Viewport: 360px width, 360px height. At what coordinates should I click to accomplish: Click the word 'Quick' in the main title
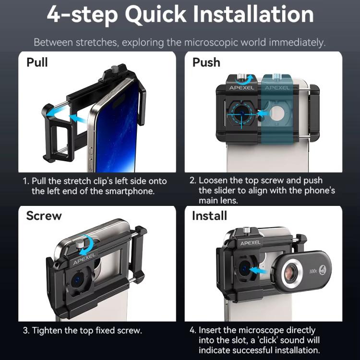tap(156, 15)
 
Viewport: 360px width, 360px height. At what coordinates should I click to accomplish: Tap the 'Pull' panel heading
tap(37, 62)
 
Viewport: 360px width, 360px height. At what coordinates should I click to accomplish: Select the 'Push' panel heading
tap(206, 62)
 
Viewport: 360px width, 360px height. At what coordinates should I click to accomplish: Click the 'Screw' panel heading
tap(44, 216)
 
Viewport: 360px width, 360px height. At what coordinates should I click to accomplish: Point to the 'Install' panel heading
tap(209, 216)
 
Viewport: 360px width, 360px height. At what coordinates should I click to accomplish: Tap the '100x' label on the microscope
tap(313, 271)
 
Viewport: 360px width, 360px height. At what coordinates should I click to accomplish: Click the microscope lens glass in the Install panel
tap(291, 272)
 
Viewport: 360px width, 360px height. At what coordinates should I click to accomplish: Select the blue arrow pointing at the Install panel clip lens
tap(257, 270)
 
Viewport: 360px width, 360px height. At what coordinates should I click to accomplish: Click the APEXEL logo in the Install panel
tap(250, 243)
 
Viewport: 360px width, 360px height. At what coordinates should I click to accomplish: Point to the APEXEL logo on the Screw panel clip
tap(84, 259)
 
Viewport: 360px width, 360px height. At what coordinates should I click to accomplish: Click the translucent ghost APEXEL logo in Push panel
tap(277, 88)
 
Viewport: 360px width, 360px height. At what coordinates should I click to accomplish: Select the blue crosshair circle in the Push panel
tap(241, 113)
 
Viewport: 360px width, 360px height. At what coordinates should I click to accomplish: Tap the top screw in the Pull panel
tap(114, 69)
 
